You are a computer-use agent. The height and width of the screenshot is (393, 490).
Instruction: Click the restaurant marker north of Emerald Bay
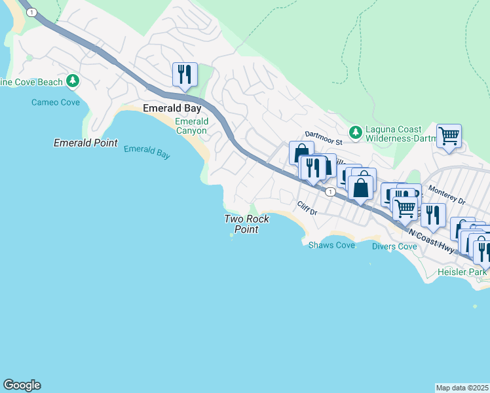[185, 74]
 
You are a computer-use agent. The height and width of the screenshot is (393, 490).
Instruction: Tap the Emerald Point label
[85, 143]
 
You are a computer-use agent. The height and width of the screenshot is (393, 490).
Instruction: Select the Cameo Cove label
[56, 102]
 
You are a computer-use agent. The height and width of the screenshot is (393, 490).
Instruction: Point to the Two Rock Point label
[246, 224]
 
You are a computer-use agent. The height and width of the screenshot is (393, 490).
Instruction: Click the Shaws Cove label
[331, 245]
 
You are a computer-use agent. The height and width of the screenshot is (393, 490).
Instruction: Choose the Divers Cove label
[394, 246]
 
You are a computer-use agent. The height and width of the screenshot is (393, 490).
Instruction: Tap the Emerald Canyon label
[191, 126]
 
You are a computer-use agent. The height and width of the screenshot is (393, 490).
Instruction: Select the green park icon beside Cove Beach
[73, 82]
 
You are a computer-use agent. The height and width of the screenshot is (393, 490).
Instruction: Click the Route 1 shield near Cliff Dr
[330, 191]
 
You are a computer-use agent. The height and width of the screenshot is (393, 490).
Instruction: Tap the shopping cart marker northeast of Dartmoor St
[449, 137]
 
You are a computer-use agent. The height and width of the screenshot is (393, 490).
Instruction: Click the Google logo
[22, 385]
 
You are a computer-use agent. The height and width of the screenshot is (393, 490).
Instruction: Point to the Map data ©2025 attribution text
[462, 388]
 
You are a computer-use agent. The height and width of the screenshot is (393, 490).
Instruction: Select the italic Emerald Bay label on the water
[147, 152]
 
